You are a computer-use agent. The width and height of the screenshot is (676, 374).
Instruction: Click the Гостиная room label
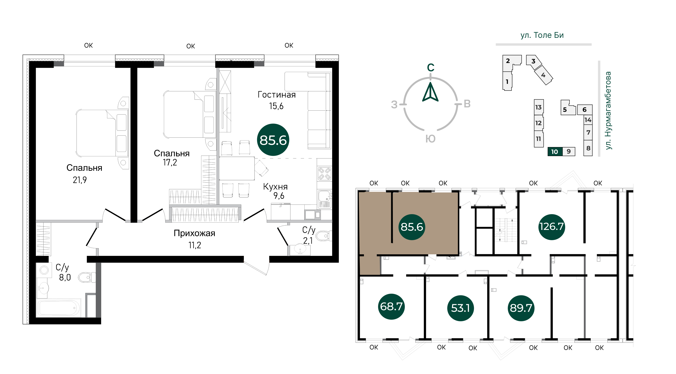coord(277,95)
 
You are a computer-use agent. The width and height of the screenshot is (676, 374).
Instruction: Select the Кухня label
coord(275,187)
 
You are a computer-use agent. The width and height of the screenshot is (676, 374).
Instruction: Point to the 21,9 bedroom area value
coord(80,180)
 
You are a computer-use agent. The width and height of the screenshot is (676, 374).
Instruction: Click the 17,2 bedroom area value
coord(170,163)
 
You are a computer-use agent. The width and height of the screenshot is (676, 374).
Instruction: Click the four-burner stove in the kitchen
coord(324,173)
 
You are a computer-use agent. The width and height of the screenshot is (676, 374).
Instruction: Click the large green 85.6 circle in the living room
coord(273,140)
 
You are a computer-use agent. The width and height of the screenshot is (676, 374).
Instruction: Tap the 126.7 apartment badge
coord(551,227)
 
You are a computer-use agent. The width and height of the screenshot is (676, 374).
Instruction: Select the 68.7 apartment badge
coord(391,306)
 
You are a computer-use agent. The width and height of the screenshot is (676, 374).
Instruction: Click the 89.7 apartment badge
coord(521,308)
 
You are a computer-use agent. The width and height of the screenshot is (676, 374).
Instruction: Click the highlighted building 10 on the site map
coord(555,152)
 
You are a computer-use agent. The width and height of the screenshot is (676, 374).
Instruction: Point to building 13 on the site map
coord(538,107)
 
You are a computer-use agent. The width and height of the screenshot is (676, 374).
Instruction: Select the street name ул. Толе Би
coord(542,35)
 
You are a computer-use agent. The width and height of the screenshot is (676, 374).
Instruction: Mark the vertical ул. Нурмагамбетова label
coord(608,111)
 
